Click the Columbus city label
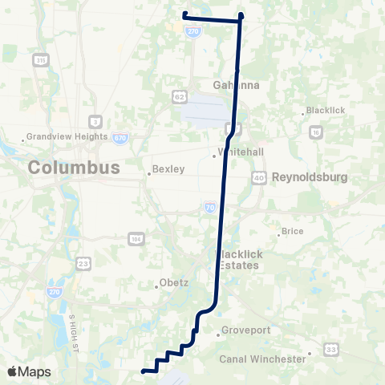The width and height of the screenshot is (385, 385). click(74, 168)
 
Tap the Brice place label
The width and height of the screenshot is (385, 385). click(292, 232)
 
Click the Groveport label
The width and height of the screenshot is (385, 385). click(243, 333)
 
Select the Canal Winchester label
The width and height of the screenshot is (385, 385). click(263, 359)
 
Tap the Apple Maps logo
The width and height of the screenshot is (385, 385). click(29, 371)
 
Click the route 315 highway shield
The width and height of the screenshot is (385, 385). click(41, 60)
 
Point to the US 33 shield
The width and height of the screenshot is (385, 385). click(330, 349)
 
